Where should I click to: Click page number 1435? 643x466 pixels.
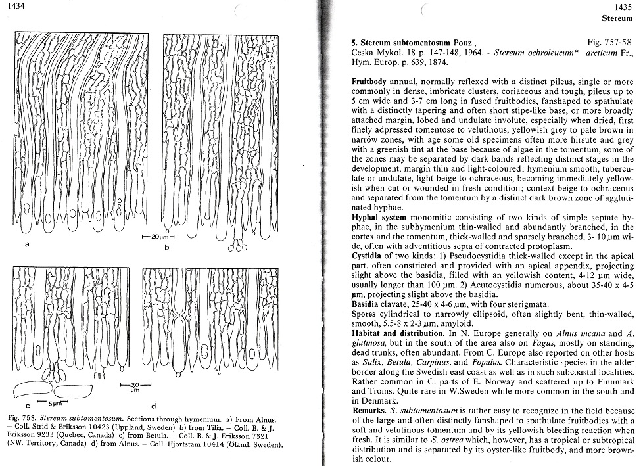click(623, 6)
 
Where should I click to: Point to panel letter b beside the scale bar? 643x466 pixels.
click(167, 247)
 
